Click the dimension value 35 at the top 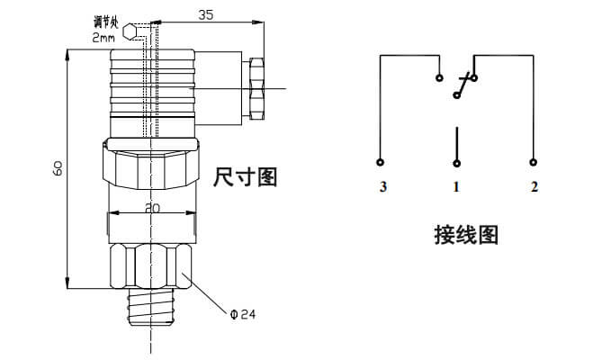click(x=207, y=14)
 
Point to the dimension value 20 click(x=152, y=207)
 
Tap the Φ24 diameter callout click(x=242, y=314)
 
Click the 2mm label click(x=104, y=37)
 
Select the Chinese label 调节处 click(x=106, y=20)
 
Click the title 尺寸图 click(x=245, y=176)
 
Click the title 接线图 click(x=466, y=236)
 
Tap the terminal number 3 click(x=382, y=187)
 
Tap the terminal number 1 click(x=456, y=187)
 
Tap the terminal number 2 click(x=534, y=187)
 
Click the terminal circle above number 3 click(x=381, y=163)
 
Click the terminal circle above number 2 click(x=533, y=163)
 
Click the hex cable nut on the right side click(x=256, y=89)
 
